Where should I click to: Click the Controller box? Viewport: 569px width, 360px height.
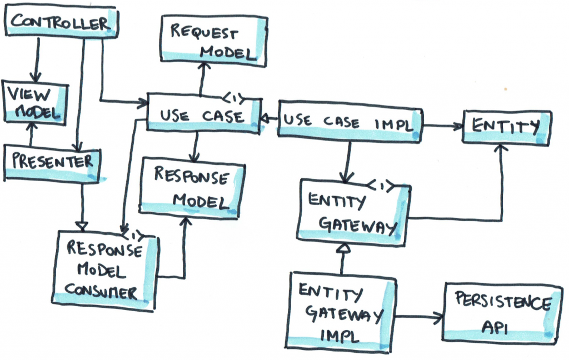click(x=61, y=22)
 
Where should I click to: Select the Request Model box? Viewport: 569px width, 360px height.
click(x=214, y=41)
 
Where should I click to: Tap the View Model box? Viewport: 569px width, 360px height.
click(x=35, y=103)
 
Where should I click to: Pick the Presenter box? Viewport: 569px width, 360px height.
click(x=52, y=163)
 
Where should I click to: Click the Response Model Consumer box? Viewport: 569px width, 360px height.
click(x=104, y=271)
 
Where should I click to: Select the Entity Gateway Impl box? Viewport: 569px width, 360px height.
click(x=341, y=312)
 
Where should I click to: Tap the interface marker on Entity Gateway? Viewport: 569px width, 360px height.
click(x=381, y=186)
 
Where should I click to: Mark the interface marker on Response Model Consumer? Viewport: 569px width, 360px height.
click(x=132, y=236)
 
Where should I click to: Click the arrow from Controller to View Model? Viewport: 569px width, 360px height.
click(x=36, y=60)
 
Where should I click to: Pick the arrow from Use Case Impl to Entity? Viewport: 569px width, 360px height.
click(x=443, y=126)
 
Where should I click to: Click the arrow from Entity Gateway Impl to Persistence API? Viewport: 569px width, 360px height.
click(x=419, y=317)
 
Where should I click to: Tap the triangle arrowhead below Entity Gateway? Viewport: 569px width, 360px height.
click(x=343, y=248)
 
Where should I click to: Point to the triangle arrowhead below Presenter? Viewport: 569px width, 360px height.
click(x=83, y=226)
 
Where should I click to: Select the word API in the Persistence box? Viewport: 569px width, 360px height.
click(x=494, y=328)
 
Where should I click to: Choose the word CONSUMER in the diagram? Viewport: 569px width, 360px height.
click(x=101, y=292)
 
